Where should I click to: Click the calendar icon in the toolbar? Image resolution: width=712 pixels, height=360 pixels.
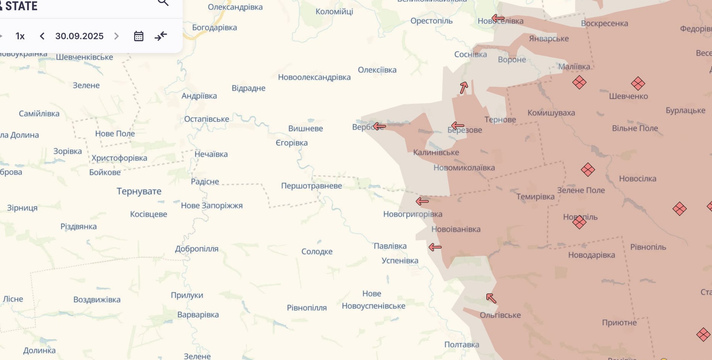[x=139, y=36]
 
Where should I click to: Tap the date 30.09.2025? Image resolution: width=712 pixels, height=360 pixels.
[x=79, y=36]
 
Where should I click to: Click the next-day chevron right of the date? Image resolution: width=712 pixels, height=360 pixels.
[x=117, y=36]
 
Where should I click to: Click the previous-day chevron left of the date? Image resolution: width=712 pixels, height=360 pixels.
[x=42, y=36]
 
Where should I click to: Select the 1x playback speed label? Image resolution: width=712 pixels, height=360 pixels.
[x=20, y=36]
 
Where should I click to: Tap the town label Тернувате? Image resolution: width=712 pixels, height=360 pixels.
[x=139, y=191]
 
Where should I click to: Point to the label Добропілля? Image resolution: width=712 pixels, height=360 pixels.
[x=197, y=249]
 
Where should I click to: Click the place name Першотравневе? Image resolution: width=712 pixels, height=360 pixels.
[x=311, y=186]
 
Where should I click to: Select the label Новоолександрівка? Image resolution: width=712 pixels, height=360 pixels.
[x=314, y=77]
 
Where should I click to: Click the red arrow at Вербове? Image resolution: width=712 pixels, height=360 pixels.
[x=379, y=126]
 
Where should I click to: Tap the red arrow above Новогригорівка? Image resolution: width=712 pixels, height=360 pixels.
[x=422, y=201]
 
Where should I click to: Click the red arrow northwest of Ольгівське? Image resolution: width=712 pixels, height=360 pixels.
[x=491, y=298]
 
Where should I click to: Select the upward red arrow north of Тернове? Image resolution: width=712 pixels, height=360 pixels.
[x=464, y=88]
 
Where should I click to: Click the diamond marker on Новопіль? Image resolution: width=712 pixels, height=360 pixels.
[x=579, y=222]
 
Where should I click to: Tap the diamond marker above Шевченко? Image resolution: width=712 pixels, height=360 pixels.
[x=638, y=83]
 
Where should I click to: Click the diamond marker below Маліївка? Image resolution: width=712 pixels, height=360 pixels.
[x=579, y=82]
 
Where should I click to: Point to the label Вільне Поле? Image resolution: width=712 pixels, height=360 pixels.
[x=635, y=128]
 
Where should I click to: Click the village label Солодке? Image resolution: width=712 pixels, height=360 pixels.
[x=317, y=252]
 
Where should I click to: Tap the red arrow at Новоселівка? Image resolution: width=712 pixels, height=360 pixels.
[x=498, y=18]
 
